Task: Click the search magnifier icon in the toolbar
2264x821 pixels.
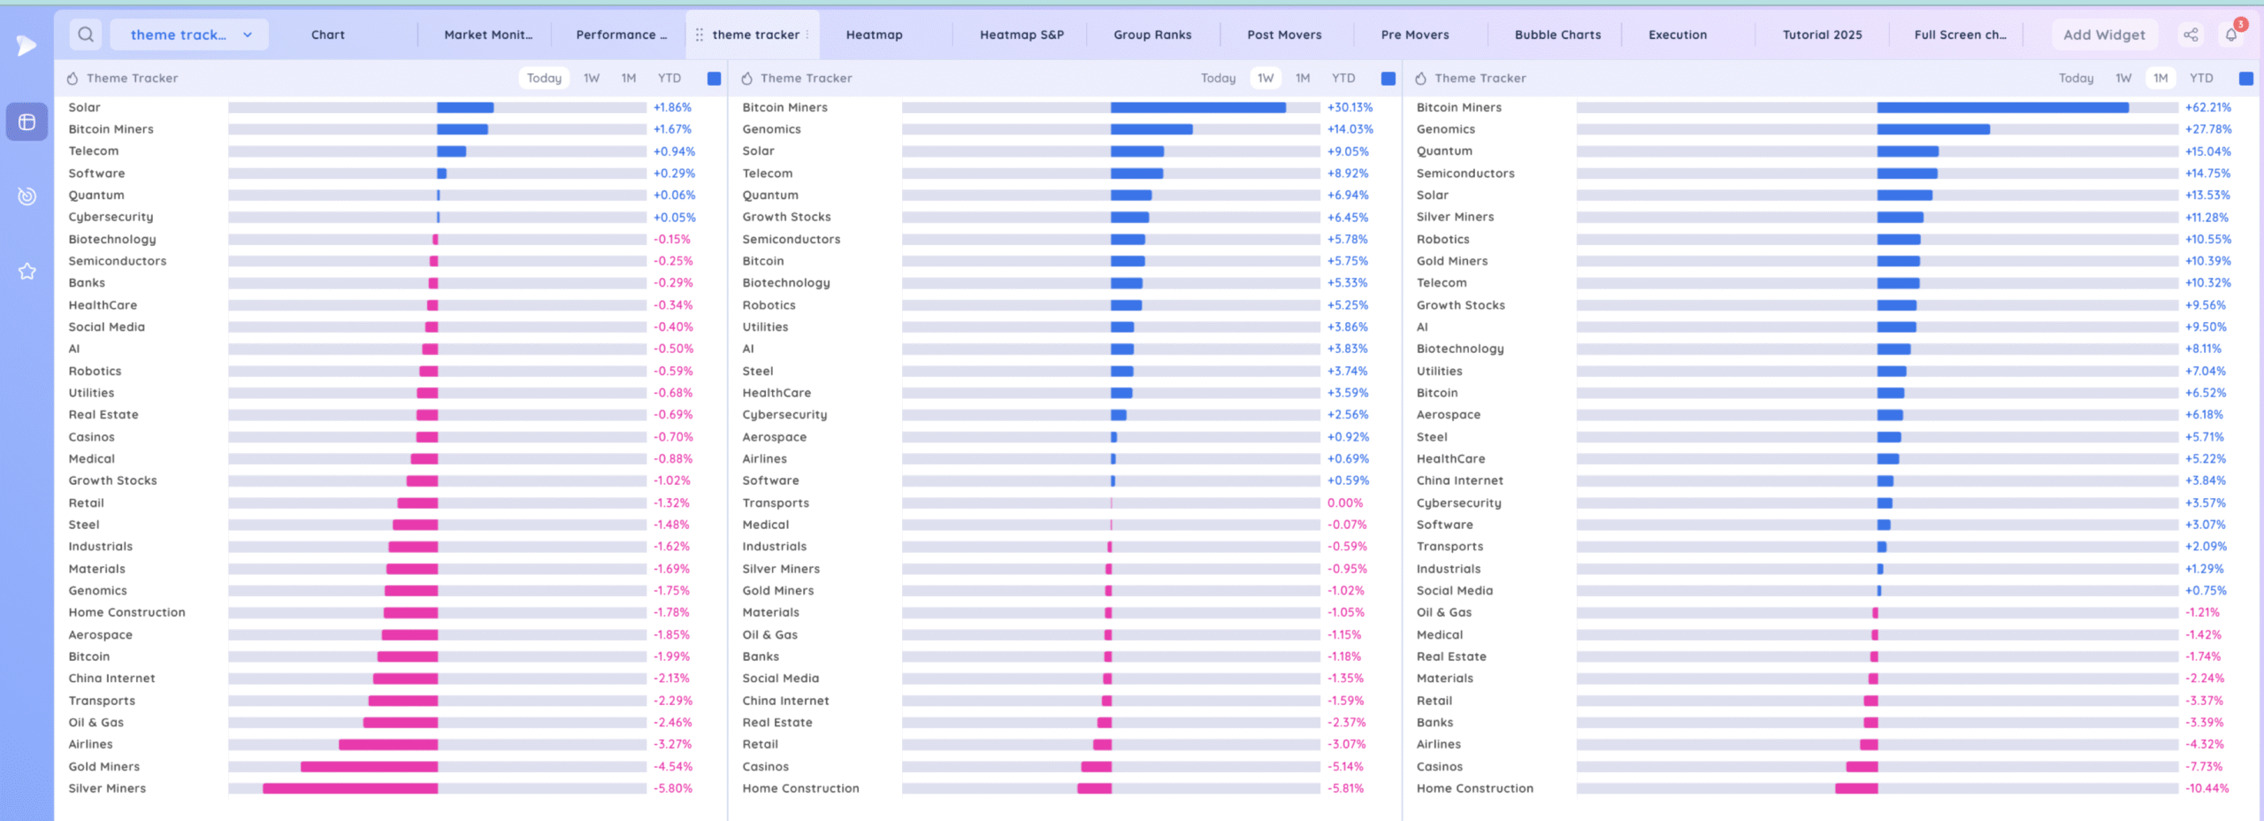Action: pyautogui.click(x=86, y=35)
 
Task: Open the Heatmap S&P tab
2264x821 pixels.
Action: pyautogui.click(x=1021, y=35)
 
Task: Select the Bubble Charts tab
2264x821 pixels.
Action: pyautogui.click(x=1557, y=35)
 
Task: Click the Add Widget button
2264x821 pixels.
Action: pyautogui.click(x=2104, y=35)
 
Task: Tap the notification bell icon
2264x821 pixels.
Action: pyautogui.click(x=2231, y=35)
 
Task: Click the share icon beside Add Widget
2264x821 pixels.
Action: pyautogui.click(x=2191, y=35)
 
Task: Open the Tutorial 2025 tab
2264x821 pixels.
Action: pyautogui.click(x=1822, y=35)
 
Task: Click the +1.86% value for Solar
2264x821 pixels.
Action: pyautogui.click(x=672, y=107)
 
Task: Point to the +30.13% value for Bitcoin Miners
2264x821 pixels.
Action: pyautogui.click(x=1350, y=107)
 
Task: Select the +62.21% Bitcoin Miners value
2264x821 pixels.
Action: pyautogui.click(x=2207, y=107)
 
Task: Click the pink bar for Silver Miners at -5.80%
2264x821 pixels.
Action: pyautogui.click(x=350, y=788)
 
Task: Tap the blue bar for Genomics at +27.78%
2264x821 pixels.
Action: pyautogui.click(x=1933, y=129)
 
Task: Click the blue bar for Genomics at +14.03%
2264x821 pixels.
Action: pyautogui.click(x=1151, y=129)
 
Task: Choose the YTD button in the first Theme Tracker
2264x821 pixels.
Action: pyautogui.click(x=669, y=78)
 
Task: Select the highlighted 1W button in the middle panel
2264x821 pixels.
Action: pyautogui.click(x=1266, y=78)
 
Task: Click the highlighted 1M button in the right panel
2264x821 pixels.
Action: pyautogui.click(x=2161, y=78)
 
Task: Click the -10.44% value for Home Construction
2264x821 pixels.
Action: pyautogui.click(x=2207, y=788)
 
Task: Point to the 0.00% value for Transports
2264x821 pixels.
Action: pyautogui.click(x=1344, y=503)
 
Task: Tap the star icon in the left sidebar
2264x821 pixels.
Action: pyautogui.click(x=27, y=272)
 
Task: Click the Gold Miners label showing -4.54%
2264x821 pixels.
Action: pyautogui.click(x=104, y=766)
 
